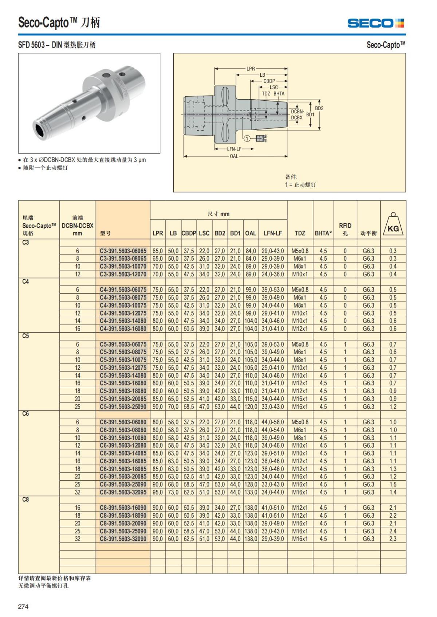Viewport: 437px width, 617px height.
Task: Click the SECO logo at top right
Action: [375, 23]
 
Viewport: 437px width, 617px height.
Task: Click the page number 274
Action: [23, 606]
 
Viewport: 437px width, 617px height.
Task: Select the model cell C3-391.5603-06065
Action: [123, 251]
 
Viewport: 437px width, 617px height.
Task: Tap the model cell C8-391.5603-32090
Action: [123, 539]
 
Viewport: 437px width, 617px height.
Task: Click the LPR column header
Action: [158, 233]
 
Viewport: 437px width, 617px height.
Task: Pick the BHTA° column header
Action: [323, 233]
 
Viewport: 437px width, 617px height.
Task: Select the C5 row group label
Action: [25, 336]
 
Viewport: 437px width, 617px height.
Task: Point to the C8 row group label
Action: [25, 500]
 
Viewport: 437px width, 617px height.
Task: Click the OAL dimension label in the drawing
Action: [234, 156]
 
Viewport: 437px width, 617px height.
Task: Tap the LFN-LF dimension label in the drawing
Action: [234, 149]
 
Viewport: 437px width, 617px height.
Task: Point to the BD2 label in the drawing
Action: [319, 108]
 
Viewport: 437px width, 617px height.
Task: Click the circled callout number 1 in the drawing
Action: [247, 138]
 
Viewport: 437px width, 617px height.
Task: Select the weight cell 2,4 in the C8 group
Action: [393, 531]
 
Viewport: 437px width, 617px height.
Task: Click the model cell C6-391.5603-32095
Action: [123, 492]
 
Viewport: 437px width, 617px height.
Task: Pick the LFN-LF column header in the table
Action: [272, 233]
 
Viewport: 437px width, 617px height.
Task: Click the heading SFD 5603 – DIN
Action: [57, 45]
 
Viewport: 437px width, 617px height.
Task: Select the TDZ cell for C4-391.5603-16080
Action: [300, 329]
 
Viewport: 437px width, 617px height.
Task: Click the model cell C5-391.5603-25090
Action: [123, 406]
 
